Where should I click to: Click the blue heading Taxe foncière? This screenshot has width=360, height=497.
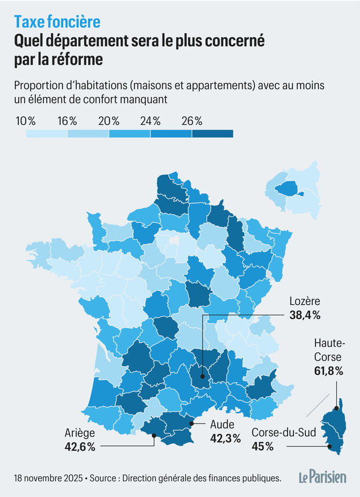(x=57, y=21)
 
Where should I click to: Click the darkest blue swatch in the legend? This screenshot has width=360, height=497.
(x=212, y=134)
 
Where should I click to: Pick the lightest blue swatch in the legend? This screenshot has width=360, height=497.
(x=46, y=134)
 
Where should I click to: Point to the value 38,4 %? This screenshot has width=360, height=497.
(x=304, y=315)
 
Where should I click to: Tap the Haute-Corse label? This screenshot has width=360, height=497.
(x=327, y=350)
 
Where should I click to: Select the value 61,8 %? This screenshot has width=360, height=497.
(x=327, y=371)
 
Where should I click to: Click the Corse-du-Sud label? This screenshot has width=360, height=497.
(x=282, y=432)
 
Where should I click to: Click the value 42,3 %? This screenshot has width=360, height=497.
(x=222, y=439)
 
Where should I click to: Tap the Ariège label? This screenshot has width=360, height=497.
(x=79, y=432)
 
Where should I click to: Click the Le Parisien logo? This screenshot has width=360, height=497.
(x=322, y=477)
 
